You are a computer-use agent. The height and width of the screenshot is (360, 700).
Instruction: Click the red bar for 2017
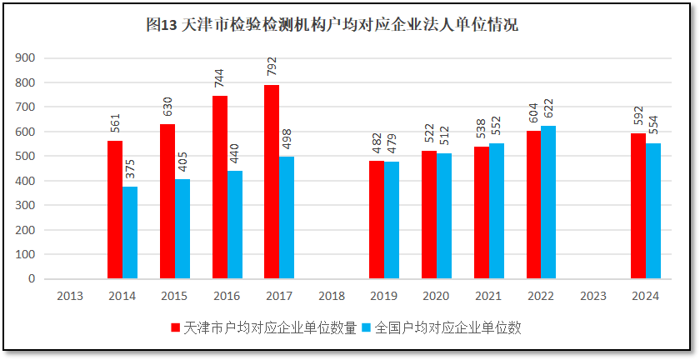(x=272, y=182)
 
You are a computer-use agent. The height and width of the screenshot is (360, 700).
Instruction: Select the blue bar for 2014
(x=130, y=232)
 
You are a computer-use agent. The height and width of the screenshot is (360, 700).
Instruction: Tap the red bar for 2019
(x=377, y=220)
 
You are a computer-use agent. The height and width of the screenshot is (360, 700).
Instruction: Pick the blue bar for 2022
(x=548, y=202)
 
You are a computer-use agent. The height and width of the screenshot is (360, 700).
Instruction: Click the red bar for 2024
(x=638, y=206)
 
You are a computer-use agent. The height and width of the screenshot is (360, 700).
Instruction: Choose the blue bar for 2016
(x=235, y=225)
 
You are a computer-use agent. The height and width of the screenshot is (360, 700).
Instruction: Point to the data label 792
(x=272, y=67)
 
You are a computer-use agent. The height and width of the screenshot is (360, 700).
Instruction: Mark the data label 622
(x=548, y=109)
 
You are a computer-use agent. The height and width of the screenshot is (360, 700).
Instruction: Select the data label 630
(x=167, y=107)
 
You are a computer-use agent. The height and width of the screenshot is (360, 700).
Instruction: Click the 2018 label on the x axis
(x=332, y=296)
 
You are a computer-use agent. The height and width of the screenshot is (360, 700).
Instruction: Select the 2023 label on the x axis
(x=593, y=296)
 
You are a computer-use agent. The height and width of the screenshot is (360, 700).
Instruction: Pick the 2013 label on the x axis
(x=70, y=296)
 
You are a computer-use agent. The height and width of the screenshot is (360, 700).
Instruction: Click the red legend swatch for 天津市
(x=175, y=327)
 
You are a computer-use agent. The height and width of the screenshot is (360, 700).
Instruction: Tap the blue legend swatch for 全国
(x=367, y=327)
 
